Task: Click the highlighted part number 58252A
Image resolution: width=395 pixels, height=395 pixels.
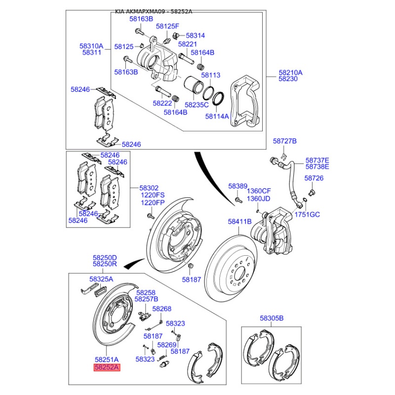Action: (107, 367)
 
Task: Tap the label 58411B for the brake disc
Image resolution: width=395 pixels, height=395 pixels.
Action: (240, 222)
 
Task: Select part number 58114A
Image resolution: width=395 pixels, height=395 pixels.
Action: (217, 117)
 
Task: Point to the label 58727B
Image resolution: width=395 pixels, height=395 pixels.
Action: (285, 141)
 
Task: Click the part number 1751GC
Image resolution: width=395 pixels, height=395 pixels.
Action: (308, 215)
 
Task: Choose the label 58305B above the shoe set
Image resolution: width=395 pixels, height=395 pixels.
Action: (272, 318)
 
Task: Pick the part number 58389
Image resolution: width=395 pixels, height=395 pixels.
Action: (237, 186)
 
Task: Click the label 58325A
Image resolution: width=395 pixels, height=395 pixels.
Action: (101, 279)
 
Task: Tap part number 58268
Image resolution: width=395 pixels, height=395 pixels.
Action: (161, 309)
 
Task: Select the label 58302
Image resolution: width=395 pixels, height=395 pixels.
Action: (149, 188)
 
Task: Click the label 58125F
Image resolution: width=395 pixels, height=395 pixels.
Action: (168, 26)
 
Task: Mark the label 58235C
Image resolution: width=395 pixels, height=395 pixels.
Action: (197, 105)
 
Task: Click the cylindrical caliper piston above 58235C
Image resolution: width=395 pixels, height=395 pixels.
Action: (195, 85)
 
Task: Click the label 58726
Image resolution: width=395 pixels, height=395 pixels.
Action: (314, 178)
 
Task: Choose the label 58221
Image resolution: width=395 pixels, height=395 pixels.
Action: (188, 44)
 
